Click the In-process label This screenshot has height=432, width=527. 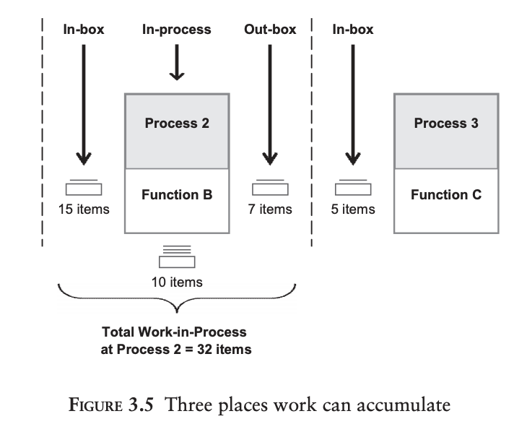[x=177, y=30]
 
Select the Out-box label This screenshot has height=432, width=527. [x=270, y=30]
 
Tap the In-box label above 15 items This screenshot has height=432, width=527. [x=84, y=30]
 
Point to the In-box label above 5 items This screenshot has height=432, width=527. [x=353, y=30]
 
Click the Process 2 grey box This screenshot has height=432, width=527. [x=177, y=131]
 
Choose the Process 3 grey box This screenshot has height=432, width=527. [x=445, y=131]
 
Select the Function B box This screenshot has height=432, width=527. [x=177, y=200]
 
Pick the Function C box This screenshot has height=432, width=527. [x=445, y=200]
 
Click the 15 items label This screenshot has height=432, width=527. [x=84, y=209]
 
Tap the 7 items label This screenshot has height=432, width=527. [x=270, y=209]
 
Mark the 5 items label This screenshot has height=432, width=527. [x=353, y=209]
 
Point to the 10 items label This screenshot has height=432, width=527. [x=177, y=282]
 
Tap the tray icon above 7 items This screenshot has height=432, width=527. [x=270, y=187]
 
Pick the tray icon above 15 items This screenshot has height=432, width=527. [x=84, y=187]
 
